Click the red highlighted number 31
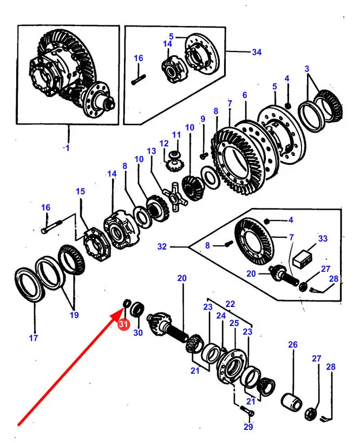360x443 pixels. pyautogui.click(x=123, y=324)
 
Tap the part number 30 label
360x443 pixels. pyautogui.click(x=138, y=333)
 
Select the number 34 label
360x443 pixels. pyautogui.click(x=257, y=52)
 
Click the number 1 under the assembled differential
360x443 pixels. pyautogui.click(x=68, y=148)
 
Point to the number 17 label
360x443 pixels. pyautogui.click(x=34, y=337)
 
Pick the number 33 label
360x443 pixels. pyautogui.click(x=323, y=238)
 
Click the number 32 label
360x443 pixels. pyautogui.click(x=162, y=246)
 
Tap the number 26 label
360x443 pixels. pyautogui.click(x=293, y=344)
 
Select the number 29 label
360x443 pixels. pyautogui.click(x=248, y=427)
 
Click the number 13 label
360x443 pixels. pyautogui.click(x=152, y=151)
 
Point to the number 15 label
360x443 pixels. pyautogui.click(x=81, y=191)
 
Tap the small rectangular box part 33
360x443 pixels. pyautogui.click(x=303, y=259)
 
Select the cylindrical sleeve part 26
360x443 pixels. pyautogui.click(x=292, y=401)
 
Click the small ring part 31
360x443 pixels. pyautogui.click(x=127, y=303)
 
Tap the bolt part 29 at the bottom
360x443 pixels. pyautogui.click(x=247, y=410)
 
